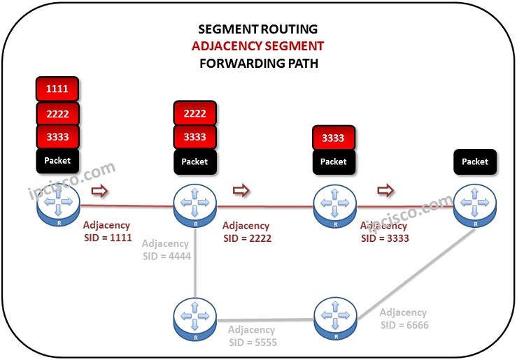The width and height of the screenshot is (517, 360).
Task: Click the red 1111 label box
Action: (x=57, y=89)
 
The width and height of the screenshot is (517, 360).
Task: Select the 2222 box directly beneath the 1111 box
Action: (x=57, y=113)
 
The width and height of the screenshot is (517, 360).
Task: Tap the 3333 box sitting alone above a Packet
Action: (x=333, y=138)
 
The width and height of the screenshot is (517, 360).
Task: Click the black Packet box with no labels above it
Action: (x=475, y=161)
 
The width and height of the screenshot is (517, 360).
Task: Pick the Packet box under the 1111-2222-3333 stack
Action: (x=57, y=161)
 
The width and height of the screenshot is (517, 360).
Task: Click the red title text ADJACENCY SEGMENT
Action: (x=258, y=46)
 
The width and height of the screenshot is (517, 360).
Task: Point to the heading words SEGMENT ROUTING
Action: (x=258, y=29)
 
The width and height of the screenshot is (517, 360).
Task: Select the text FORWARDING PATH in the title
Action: (x=258, y=63)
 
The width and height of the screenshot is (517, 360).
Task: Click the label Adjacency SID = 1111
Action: (x=106, y=231)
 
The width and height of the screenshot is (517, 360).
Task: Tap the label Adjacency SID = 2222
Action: (x=246, y=231)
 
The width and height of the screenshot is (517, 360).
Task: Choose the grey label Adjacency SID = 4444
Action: (x=166, y=250)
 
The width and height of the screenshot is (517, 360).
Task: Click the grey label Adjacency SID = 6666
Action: (x=404, y=319)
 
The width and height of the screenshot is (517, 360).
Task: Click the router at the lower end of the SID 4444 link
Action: (x=195, y=319)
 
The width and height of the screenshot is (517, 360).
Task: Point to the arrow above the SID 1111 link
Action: (x=101, y=191)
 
